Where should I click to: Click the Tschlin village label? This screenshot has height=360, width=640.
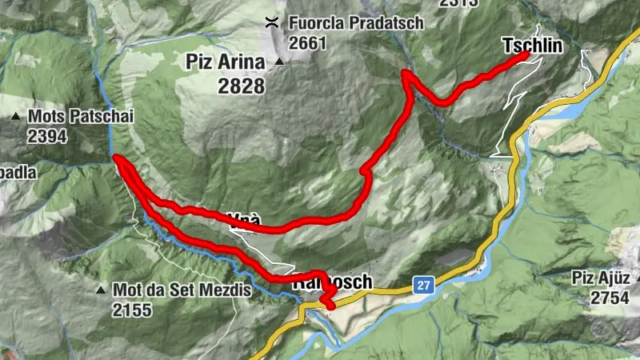533,46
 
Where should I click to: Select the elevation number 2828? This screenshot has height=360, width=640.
241,86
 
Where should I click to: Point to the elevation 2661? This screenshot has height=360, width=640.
308,43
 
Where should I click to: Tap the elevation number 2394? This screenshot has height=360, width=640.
46,136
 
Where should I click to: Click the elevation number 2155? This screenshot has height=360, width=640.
132,309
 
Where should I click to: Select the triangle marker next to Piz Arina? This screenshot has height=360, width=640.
279,62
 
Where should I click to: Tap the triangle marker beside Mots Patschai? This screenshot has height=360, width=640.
16,117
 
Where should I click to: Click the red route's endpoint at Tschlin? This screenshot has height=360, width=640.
525,55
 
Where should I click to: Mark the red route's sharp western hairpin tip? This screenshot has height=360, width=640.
116,158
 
